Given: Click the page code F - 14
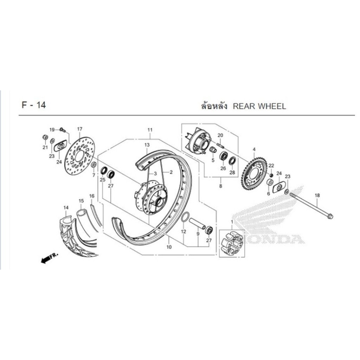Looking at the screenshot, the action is (34, 105).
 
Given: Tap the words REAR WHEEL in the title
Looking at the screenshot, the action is (259, 106).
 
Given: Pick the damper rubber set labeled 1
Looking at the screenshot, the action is (232, 243).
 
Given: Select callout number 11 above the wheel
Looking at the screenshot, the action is (150, 130).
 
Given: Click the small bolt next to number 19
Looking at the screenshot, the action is (63, 130).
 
